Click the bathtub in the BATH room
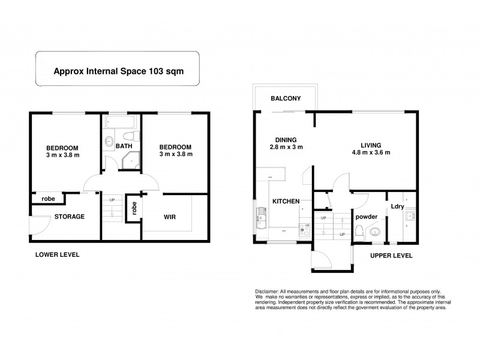coord(120,122)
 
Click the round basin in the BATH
coord(109,141)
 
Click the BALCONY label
coord(285,98)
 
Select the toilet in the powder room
coord(359,232)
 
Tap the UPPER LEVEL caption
coord(391,256)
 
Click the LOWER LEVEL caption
coord(58,254)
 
